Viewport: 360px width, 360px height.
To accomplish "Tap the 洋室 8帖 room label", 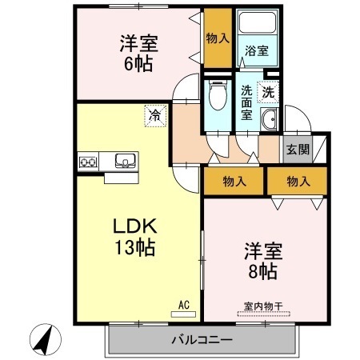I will (262, 262).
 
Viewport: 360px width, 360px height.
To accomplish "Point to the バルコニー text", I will (202, 340).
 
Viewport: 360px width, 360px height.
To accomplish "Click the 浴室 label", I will (256, 50).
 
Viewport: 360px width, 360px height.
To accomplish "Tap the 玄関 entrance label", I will (293, 149).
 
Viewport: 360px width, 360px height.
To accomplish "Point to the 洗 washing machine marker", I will (270, 92).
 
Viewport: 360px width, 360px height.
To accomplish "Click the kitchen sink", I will (125, 160).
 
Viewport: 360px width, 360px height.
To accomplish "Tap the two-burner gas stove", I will (87, 162).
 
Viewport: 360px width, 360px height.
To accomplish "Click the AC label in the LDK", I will (183, 305).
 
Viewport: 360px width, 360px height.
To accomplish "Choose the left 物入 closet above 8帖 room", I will (234, 182).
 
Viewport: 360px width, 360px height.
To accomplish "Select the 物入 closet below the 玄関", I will (298, 182).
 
